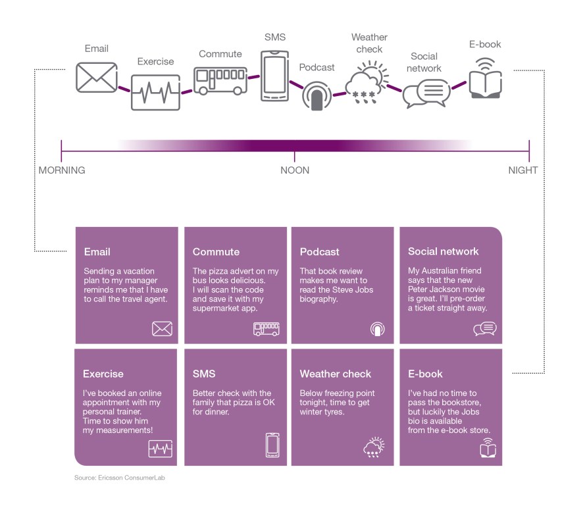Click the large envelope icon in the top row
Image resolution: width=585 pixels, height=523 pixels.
(x=96, y=77)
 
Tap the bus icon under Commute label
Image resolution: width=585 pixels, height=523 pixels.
(x=220, y=80)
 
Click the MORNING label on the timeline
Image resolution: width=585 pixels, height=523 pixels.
(x=62, y=170)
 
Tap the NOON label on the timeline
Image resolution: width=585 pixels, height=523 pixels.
(x=295, y=170)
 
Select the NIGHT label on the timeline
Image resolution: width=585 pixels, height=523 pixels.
(x=523, y=170)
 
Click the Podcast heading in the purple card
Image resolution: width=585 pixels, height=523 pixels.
(x=320, y=252)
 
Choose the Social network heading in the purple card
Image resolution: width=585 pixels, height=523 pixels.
(x=444, y=251)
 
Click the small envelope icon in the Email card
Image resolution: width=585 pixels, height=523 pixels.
(x=162, y=329)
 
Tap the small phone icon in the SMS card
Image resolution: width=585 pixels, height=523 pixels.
(x=272, y=445)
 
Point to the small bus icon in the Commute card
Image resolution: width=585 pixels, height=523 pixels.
(x=267, y=329)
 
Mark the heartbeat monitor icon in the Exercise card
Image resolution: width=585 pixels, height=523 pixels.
(x=161, y=449)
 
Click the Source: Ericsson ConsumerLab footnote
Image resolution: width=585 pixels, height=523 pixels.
(x=120, y=478)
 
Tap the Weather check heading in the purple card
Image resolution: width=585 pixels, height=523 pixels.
(x=336, y=374)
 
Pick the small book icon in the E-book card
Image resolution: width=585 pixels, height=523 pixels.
(x=488, y=449)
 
